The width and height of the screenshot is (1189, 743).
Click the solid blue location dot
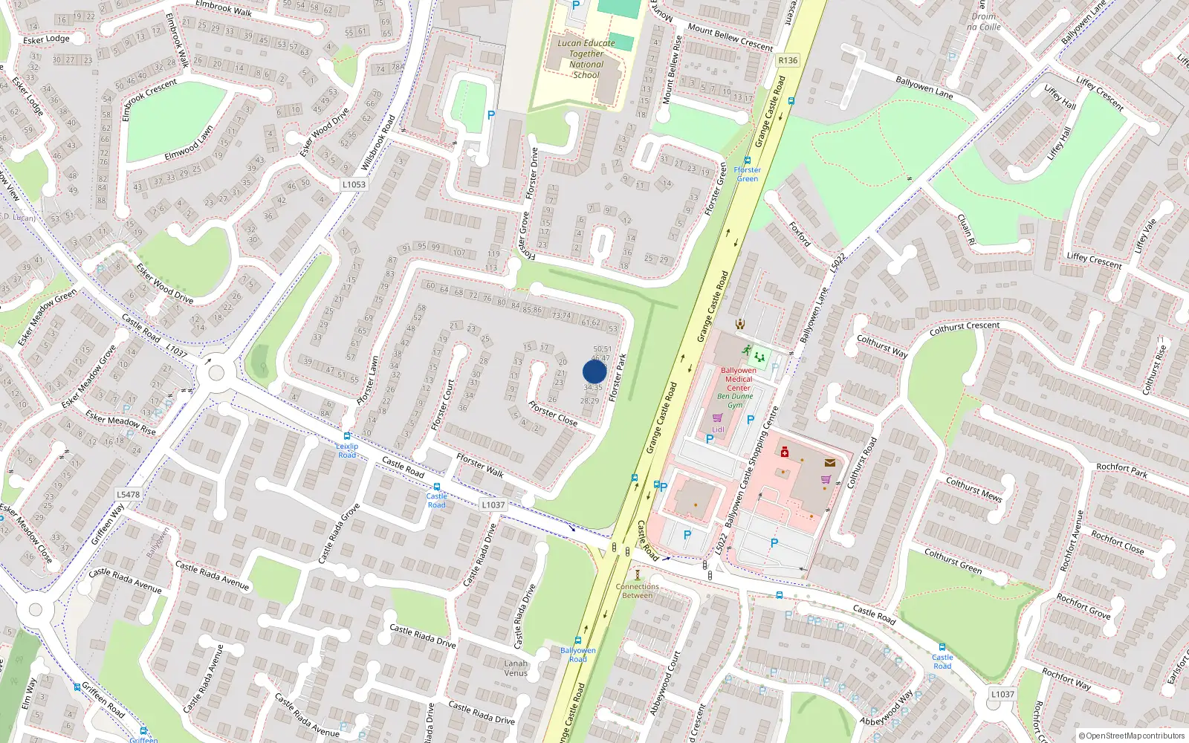click(x=594, y=371)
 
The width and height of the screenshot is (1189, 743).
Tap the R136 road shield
click(x=788, y=61)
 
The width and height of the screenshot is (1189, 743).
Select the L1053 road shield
click(x=354, y=184)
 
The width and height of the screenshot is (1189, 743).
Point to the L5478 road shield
click(x=128, y=494)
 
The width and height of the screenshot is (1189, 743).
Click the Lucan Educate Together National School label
click(x=586, y=59)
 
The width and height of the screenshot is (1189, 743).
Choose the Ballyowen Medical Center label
click(x=738, y=379)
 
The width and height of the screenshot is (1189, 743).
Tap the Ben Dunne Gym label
click(x=735, y=400)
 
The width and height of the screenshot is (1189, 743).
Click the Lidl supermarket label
click(x=718, y=429)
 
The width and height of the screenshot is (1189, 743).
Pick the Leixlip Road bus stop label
click(x=347, y=450)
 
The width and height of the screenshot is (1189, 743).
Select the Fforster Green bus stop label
click(x=747, y=174)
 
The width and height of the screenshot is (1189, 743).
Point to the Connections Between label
click(x=637, y=591)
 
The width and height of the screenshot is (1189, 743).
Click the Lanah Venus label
click(x=516, y=668)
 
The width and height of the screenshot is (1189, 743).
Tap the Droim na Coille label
click(x=983, y=22)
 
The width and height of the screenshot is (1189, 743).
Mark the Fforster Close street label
click(x=553, y=413)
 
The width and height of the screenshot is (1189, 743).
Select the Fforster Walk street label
click(x=480, y=465)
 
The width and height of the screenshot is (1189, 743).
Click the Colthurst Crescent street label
click(x=965, y=326)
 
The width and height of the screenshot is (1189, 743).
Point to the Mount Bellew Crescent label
click(x=730, y=37)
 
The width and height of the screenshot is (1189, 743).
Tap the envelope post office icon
click(x=830, y=462)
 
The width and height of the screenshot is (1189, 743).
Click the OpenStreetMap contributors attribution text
click(x=1132, y=736)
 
